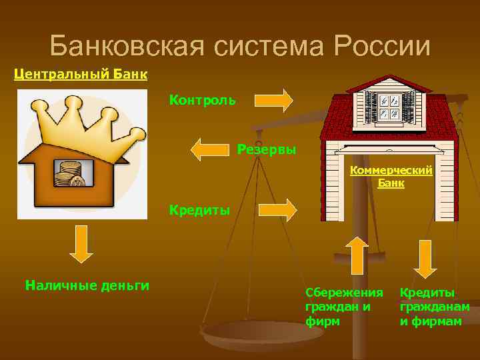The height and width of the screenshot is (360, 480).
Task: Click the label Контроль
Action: point(202,100)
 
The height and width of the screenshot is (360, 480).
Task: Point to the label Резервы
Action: point(267,148)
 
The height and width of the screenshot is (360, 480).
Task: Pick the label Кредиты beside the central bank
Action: point(199,210)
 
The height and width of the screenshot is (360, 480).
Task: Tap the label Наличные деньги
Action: point(87,285)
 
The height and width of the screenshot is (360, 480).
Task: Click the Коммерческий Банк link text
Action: point(391,176)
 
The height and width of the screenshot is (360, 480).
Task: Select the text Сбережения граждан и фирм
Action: point(344,307)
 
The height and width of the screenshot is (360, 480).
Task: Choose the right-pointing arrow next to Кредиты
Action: point(277,209)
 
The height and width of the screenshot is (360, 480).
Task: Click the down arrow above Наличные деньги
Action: point(81,244)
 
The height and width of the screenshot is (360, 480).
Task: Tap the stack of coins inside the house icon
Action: point(69,174)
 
